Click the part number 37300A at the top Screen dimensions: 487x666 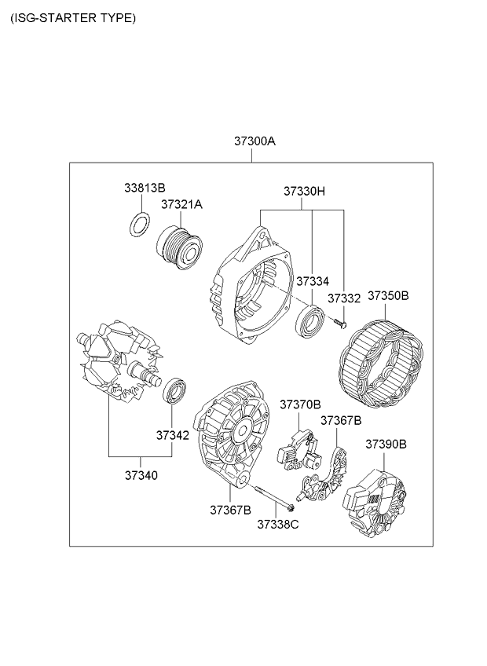pyautogui.click(x=254, y=141)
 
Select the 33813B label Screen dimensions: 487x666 pyautogui.click(x=145, y=187)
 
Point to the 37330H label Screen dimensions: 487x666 pyautogui.click(x=304, y=192)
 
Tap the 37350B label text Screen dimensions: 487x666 pyautogui.click(x=388, y=295)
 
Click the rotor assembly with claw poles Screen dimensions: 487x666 pyautogui.click(x=119, y=361)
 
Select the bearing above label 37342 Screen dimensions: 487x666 pyautogui.click(x=175, y=390)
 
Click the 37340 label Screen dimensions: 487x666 pyautogui.click(x=141, y=475)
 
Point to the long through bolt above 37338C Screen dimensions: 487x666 pyautogui.click(x=275, y=497)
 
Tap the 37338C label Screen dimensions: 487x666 pyautogui.click(x=278, y=525)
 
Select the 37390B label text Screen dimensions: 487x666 pyautogui.click(x=386, y=445)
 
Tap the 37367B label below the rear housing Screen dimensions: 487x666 pyautogui.click(x=230, y=510)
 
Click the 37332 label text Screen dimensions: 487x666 pyautogui.click(x=344, y=298)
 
